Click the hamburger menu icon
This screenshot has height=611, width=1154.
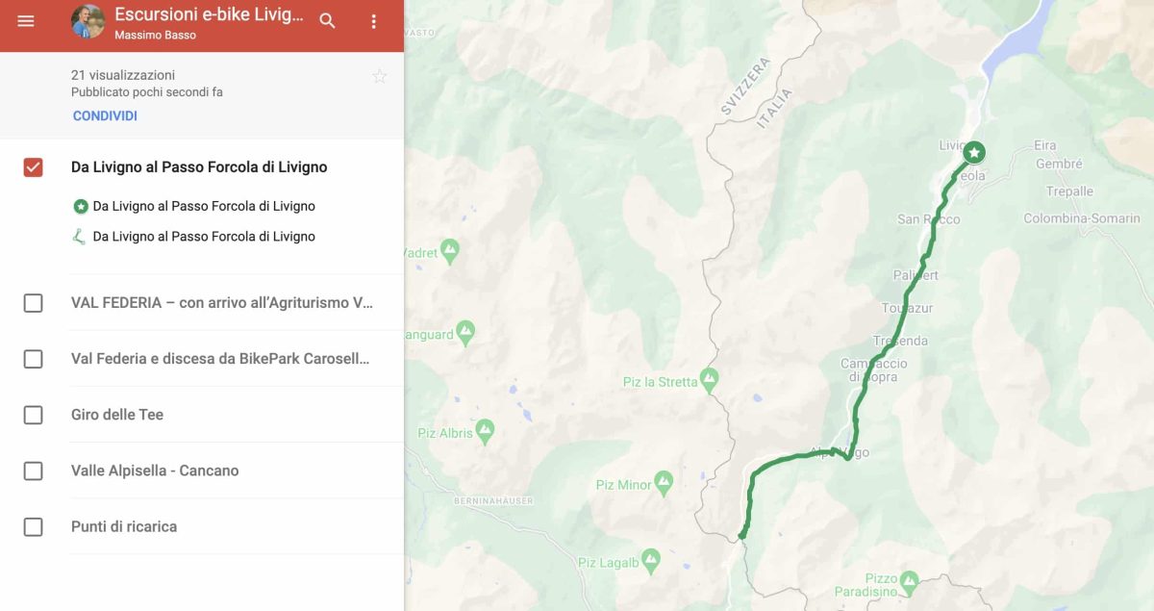tap(26, 21)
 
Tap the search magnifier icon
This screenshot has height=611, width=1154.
tap(328, 21)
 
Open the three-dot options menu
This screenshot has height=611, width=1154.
tap(374, 21)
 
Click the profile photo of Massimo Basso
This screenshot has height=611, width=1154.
tap(88, 21)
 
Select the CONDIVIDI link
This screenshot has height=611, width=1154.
tap(105, 115)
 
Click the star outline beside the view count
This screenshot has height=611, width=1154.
tap(380, 76)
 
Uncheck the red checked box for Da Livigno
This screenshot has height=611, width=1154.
tap(33, 167)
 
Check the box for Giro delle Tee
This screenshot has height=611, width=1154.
tap(33, 415)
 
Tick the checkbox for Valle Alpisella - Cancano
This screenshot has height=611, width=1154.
tap(33, 471)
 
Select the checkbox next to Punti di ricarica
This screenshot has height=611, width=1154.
tap(33, 526)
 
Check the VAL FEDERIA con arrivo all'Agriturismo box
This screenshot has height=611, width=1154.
tap(33, 303)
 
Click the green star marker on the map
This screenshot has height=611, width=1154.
tap(974, 152)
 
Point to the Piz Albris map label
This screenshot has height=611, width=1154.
tap(445, 433)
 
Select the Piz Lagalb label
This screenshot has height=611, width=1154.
tap(608, 563)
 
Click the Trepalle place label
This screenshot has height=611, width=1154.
tap(1069, 191)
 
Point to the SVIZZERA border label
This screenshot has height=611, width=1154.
tap(746, 87)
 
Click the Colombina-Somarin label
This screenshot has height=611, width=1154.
tap(1081, 218)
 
